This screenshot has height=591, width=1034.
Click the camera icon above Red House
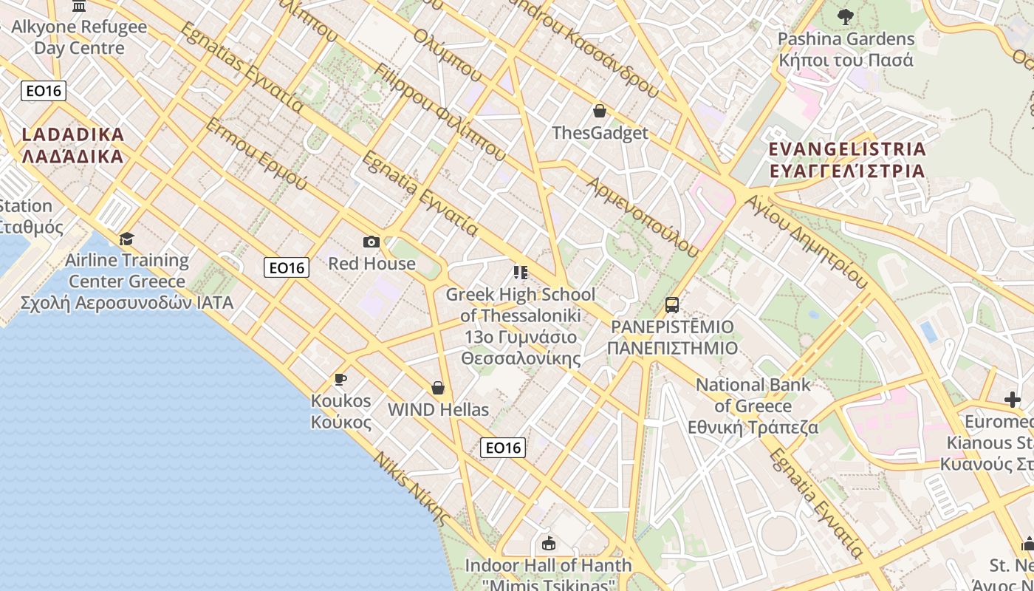(372, 242)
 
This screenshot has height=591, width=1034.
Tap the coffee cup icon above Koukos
(340, 380)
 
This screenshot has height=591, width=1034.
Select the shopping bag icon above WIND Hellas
(438, 388)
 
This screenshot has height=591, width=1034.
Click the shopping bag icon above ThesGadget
(600, 111)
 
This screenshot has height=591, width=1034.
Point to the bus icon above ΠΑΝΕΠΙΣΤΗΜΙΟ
(672, 304)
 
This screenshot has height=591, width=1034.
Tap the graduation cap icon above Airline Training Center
(126, 239)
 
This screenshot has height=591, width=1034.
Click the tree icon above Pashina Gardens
(846, 16)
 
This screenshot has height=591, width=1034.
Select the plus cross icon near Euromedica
(1013, 400)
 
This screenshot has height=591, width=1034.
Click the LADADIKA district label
(72, 146)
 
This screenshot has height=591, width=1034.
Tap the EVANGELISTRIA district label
(846, 160)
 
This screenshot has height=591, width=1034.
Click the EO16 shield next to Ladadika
(44, 91)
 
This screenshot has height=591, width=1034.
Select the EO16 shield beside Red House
(287, 267)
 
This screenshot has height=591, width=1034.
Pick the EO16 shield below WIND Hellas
(503, 448)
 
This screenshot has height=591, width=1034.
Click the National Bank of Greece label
(753, 406)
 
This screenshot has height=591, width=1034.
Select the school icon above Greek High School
(521, 273)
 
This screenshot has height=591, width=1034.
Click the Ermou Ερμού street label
(256, 154)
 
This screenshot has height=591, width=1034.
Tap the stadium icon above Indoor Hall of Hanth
(548, 544)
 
